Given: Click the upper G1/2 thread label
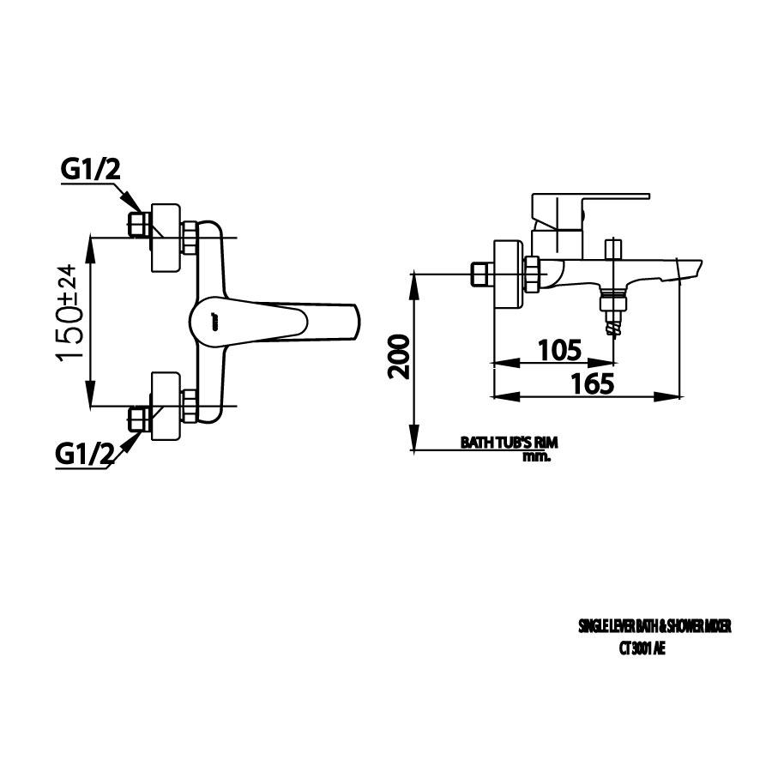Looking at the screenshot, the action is point(91,170).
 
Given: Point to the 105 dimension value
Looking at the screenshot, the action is point(559,350).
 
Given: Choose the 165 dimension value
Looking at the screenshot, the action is point(592,383).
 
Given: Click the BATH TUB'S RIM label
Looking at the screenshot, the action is point(509,443).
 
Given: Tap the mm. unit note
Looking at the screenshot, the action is point(536,456).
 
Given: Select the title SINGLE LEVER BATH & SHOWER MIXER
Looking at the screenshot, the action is point(654,627).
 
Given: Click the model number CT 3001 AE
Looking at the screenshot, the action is point(642,649).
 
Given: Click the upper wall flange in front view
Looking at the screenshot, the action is point(166,238).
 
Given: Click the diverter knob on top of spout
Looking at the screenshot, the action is point(613,249).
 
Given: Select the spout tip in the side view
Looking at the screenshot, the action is point(691,271).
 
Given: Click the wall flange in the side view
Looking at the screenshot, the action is point(507,274).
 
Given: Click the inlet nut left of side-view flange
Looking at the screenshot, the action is point(482,274).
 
